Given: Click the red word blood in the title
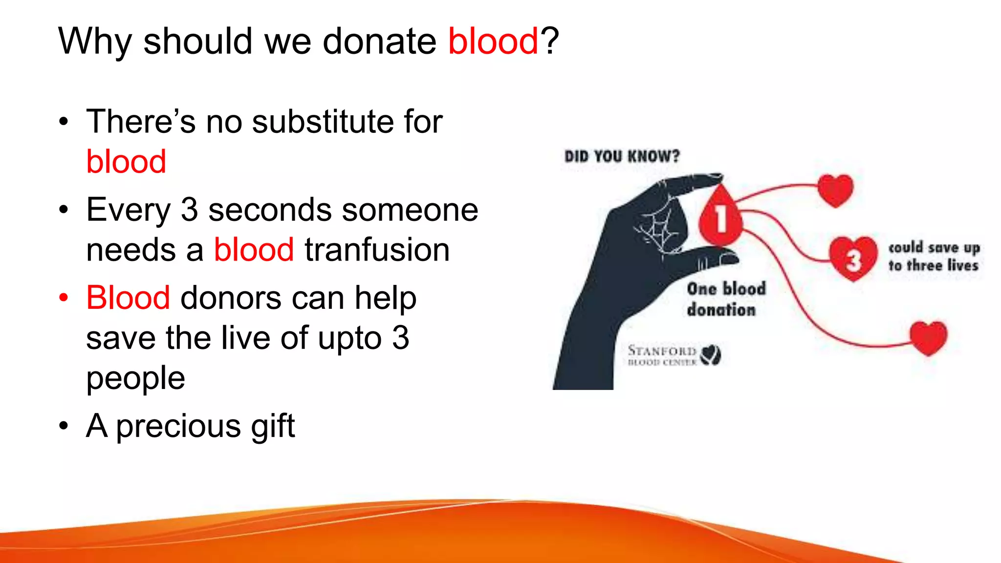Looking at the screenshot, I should (493, 41).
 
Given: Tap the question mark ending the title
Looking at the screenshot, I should (549, 41).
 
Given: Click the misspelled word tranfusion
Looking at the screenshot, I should (377, 250).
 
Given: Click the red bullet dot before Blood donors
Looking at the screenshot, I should (64, 298).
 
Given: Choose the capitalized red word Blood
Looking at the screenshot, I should (128, 298).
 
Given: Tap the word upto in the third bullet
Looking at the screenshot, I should (349, 338).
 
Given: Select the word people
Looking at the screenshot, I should (135, 378).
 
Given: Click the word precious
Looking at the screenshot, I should (178, 426).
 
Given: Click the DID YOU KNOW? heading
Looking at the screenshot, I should (622, 156).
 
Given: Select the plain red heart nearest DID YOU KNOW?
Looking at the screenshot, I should (835, 190).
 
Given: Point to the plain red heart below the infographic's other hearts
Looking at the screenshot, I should (928, 338).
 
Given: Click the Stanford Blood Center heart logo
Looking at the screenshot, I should (710, 355).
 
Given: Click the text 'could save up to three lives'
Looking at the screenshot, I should (933, 256).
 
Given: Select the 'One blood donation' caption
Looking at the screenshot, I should (725, 299).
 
